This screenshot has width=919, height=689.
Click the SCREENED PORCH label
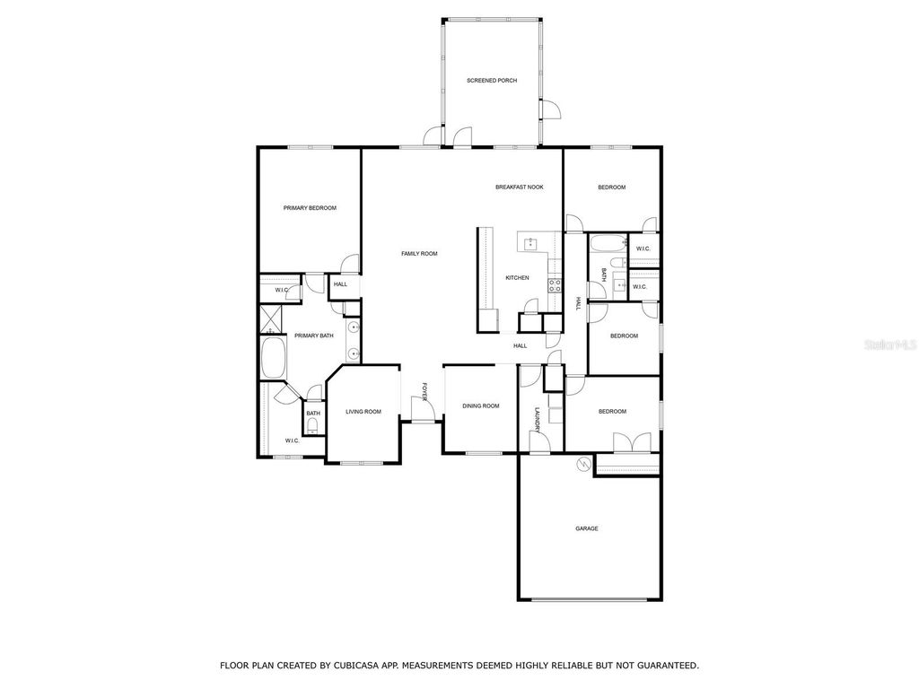point(492,81)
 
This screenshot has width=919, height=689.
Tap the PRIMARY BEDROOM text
point(310,208)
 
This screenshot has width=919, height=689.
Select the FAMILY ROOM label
point(419,254)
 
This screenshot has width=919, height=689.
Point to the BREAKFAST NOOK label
point(520,188)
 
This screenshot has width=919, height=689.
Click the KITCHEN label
point(517,278)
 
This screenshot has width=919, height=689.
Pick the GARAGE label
point(587,528)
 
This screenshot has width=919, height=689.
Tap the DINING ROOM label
point(481,406)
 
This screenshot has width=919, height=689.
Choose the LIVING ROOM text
point(363,412)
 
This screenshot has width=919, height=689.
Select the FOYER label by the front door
point(425,392)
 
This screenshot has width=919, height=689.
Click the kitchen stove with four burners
point(555,286)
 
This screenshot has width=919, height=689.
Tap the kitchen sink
point(530,242)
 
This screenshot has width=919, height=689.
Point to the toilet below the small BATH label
point(312,427)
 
